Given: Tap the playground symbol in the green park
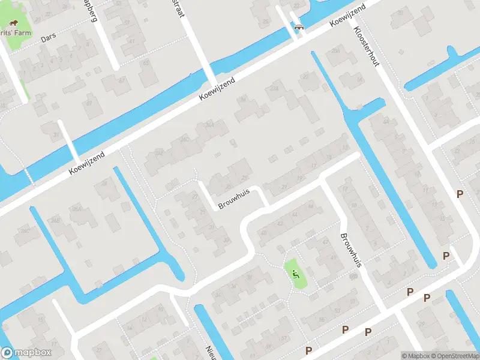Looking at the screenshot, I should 295,274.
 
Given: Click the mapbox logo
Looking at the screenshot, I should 26,353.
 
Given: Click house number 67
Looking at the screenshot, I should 145,62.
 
